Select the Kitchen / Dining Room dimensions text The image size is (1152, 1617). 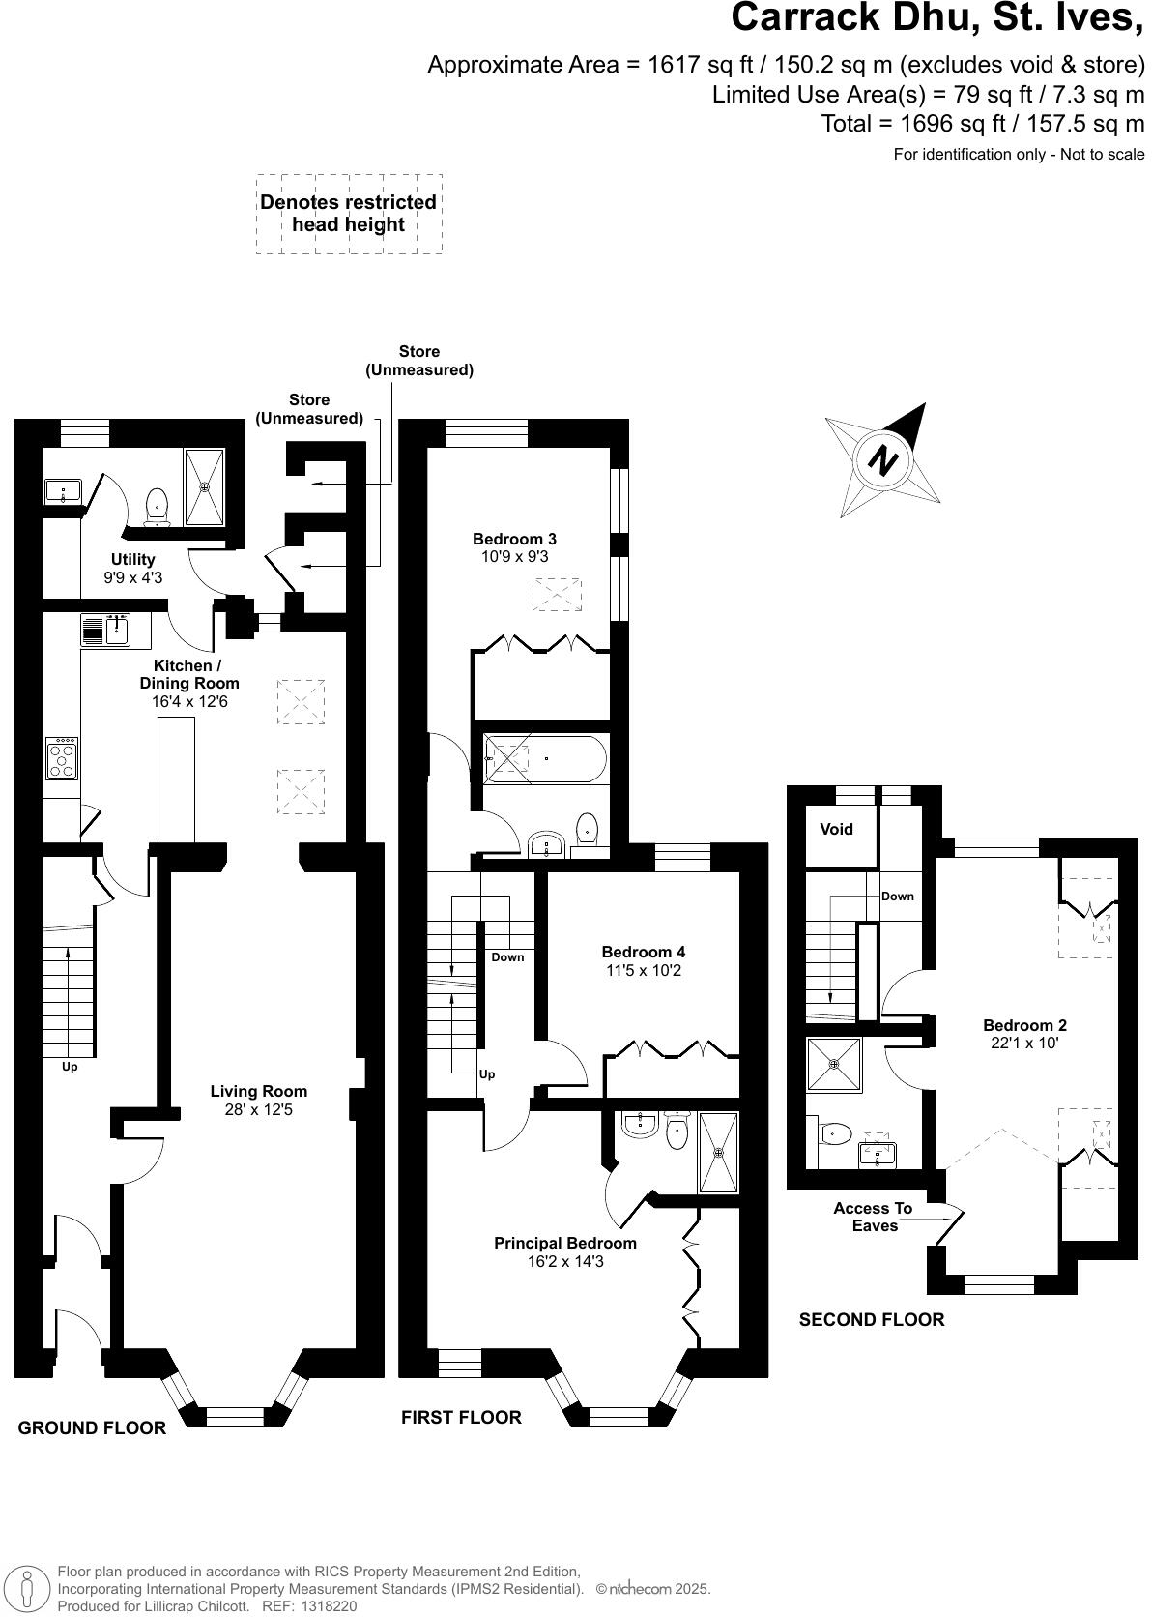point(190,701)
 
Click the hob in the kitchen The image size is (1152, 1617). point(62,758)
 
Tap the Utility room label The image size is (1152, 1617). point(133,559)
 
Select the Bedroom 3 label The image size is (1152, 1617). point(514,539)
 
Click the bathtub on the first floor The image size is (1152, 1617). point(546,759)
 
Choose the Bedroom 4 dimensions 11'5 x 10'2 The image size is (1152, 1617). point(643,970)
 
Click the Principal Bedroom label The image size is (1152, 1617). point(565,1243)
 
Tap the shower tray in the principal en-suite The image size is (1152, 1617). point(718,1153)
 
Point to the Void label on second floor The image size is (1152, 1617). point(836,829)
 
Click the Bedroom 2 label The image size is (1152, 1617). point(1024,1025)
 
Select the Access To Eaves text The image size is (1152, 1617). point(873,1217)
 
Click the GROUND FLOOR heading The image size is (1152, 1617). point(92,1427)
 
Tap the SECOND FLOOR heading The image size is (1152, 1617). point(871,1319)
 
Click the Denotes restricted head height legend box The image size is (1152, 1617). point(349,214)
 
